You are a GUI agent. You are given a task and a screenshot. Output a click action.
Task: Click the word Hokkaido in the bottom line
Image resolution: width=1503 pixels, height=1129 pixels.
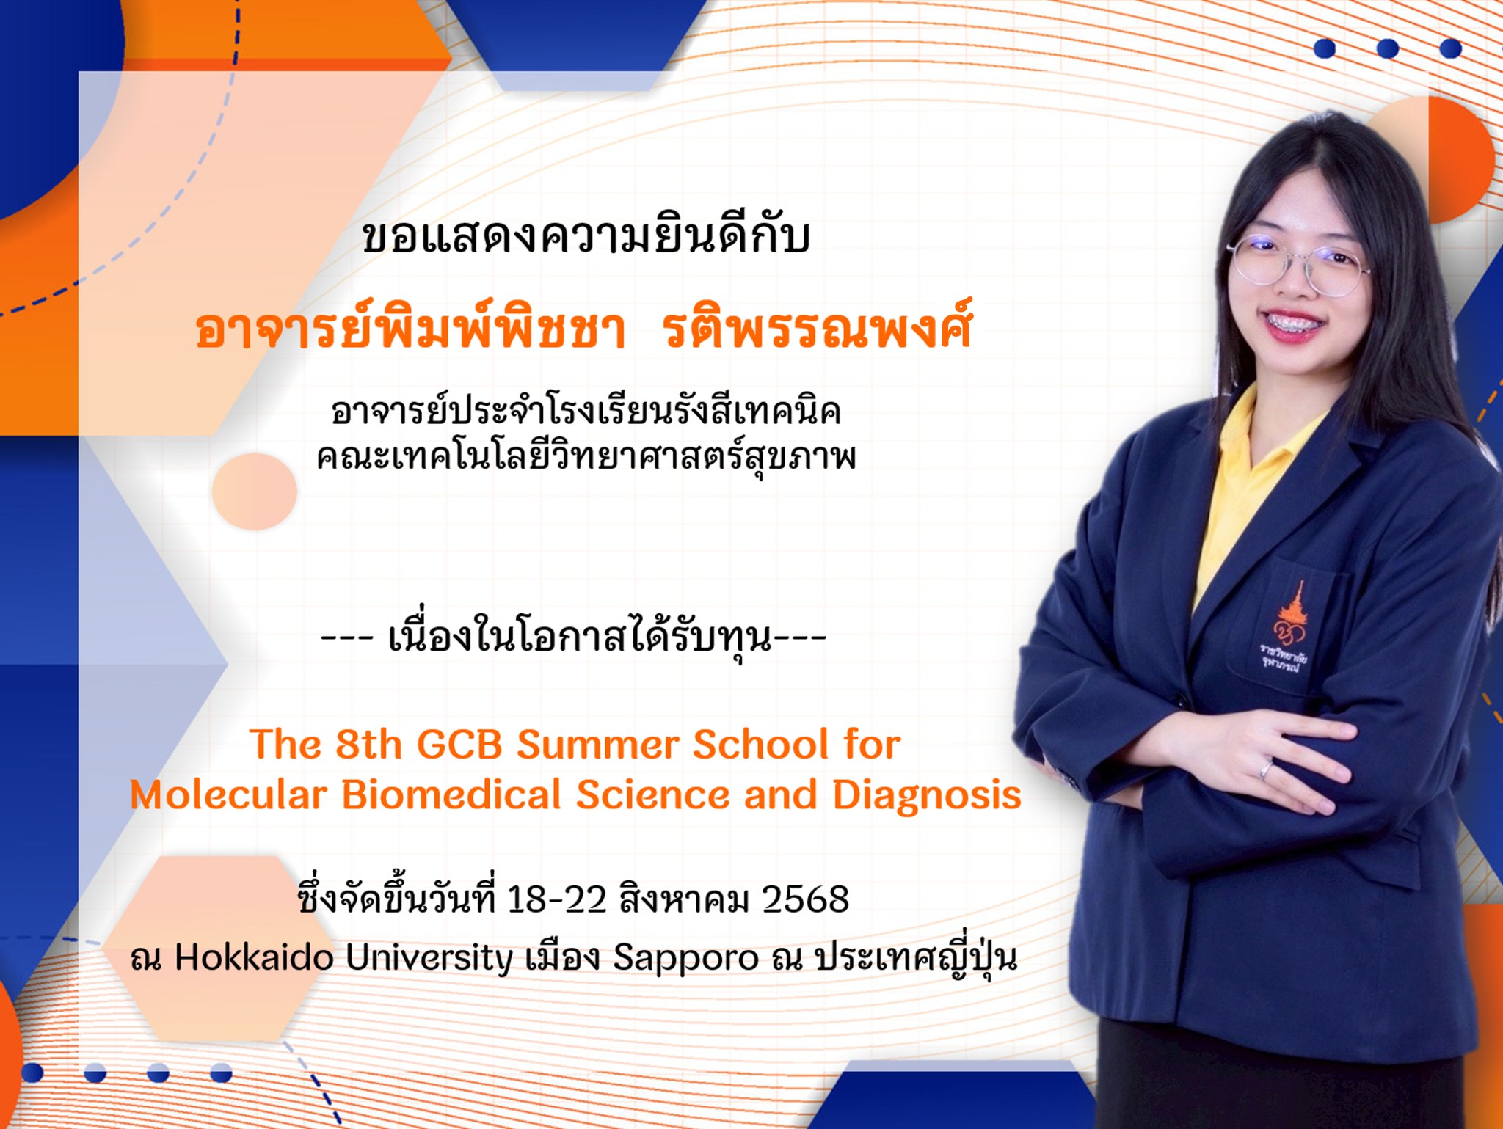(x=254, y=957)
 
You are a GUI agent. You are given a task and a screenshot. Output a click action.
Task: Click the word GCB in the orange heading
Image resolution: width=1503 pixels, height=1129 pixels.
(x=459, y=745)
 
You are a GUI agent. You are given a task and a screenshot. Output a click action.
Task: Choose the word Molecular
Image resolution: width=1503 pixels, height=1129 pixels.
(x=228, y=795)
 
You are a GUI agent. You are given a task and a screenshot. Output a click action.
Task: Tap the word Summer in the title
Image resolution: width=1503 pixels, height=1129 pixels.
(x=598, y=745)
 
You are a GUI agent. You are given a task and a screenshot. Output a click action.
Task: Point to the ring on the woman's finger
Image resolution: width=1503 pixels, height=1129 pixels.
(x=1267, y=770)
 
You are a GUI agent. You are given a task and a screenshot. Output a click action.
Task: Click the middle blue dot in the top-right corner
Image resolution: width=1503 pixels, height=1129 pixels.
(x=1388, y=48)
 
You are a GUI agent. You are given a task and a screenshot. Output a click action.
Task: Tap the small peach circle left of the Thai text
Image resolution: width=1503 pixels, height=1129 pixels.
(x=254, y=491)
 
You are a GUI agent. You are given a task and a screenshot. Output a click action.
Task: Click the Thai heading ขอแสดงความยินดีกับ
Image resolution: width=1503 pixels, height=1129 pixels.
(x=586, y=237)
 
